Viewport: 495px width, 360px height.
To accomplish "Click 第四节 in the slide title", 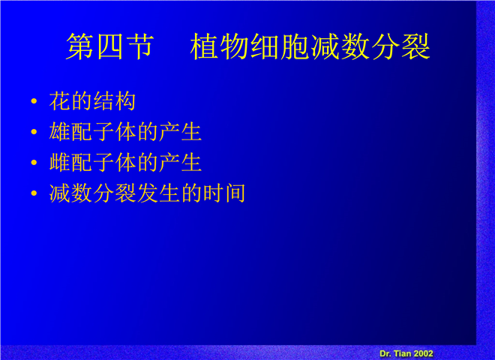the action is [x=109, y=46].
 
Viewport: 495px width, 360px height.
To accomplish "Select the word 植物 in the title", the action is [x=219, y=46].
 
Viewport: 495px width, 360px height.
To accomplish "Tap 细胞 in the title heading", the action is [x=280, y=46].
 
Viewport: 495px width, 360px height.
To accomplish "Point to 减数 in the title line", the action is [x=340, y=46].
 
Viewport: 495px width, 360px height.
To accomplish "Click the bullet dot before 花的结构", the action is [x=34, y=101].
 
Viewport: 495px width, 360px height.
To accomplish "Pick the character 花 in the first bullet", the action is [x=60, y=101].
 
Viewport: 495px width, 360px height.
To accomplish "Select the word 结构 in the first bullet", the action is [x=115, y=101].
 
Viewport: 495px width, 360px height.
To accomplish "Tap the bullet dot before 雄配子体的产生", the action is [x=34, y=132].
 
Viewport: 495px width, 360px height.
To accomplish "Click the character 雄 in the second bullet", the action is [x=60, y=132].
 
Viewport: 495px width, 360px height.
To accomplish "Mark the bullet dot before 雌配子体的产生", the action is [x=34, y=162].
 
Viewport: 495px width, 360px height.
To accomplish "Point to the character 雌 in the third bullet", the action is [x=60, y=162].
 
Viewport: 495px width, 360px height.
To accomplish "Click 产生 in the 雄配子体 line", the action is [x=181, y=132].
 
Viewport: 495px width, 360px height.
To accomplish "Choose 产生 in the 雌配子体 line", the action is [x=181, y=162].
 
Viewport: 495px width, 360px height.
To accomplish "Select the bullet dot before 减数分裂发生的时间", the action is [x=34, y=193].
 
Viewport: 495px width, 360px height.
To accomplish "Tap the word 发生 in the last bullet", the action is [x=158, y=193].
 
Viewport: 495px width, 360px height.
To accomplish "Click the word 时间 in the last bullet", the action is [x=224, y=193].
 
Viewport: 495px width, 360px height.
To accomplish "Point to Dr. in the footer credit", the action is [x=385, y=354].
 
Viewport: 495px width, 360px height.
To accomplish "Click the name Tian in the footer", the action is [x=403, y=354].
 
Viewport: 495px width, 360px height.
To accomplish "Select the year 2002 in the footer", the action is [x=423, y=354].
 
